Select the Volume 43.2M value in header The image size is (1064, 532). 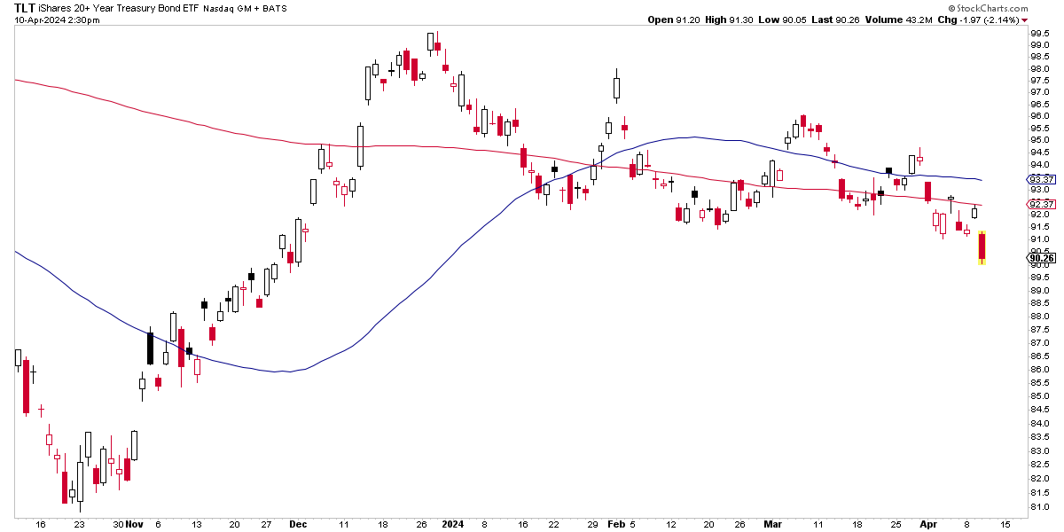click(x=907, y=20)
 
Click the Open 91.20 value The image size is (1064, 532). click(x=673, y=20)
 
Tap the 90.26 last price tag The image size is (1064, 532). click(x=1041, y=259)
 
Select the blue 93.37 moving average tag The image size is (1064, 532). click(x=1041, y=179)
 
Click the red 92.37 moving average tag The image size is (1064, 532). click(x=1041, y=205)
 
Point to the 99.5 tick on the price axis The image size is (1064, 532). click(x=1040, y=34)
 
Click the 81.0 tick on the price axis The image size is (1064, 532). click(x=1040, y=506)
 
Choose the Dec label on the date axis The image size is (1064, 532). click(x=298, y=524)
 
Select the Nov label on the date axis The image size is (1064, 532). click(x=134, y=524)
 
